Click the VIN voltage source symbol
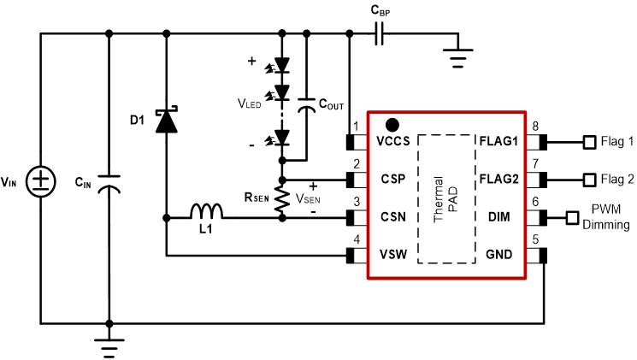coord(40,180)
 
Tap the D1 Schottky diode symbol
coord(165,121)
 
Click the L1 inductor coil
coord(205,211)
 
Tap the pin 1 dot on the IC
coord(392,124)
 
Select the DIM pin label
coord(507,218)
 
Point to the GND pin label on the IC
coord(504,255)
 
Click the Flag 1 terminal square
coord(588,143)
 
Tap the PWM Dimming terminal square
coord(571,218)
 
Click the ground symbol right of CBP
coord(459,56)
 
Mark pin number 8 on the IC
coord(535,127)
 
